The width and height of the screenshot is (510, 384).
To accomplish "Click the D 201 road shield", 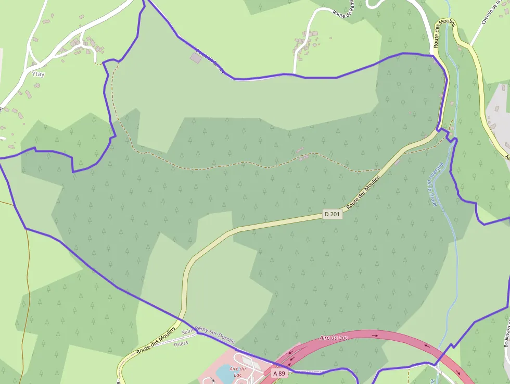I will coord(333,214).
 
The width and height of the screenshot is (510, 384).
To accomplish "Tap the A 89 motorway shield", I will coord(279,373).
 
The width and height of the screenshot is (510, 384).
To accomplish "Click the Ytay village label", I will coord(39,74).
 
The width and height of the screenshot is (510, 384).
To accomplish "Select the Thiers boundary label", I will coord(181,344).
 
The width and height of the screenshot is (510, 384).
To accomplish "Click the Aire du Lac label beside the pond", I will coord(237,371).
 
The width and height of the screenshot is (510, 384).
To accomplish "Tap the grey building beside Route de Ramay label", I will coord(196,58).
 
